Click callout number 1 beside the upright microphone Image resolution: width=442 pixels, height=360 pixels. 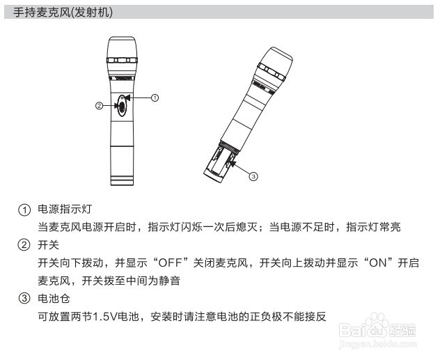[155, 98]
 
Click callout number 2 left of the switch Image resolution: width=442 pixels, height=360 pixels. [99, 106]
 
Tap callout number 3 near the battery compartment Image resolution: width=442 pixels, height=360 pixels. [253, 177]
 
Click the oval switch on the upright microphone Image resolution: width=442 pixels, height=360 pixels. [123, 106]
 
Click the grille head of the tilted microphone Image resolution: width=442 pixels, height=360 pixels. [273, 69]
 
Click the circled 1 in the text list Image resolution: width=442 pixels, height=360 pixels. [25, 209]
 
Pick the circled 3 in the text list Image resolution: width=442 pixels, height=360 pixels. [25, 299]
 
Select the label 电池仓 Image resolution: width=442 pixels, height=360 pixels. [52, 299]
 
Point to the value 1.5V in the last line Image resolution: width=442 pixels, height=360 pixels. [106, 318]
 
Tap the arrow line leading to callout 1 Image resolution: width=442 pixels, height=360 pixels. [140, 98]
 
